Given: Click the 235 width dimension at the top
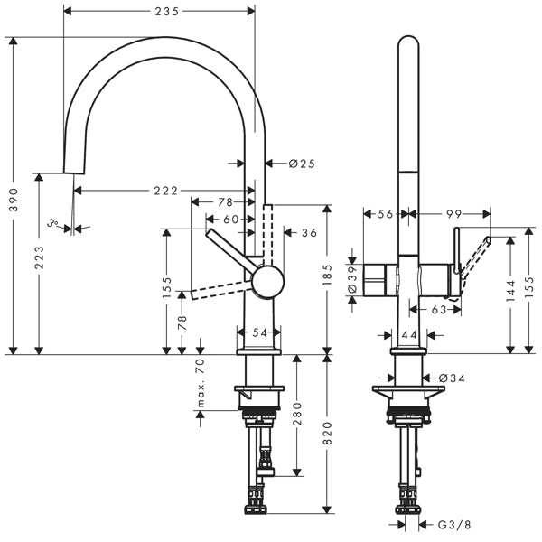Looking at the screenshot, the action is (167, 12).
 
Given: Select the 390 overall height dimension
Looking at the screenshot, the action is (14, 200).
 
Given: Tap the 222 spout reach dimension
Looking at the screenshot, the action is (165, 191).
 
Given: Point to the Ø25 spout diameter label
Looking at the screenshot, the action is (302, 164).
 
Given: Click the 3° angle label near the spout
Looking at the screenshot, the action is (52, 223).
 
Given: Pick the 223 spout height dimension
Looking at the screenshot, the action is (39, 257).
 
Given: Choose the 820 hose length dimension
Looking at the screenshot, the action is (327, 433).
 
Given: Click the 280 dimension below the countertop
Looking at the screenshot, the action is (297, 414).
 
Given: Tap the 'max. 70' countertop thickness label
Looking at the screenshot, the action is (201, 383).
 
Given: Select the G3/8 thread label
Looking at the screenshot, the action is (454, 525).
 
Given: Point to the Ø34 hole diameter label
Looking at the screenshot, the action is (452, 378).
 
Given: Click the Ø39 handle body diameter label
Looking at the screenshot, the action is (352, 279).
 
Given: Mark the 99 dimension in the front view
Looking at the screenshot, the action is (453, 214).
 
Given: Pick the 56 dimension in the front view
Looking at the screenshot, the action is (386, 214).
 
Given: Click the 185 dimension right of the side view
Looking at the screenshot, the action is (327, 275).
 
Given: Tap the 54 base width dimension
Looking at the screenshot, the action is (259, 332).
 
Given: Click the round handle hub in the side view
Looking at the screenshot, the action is (268, 282).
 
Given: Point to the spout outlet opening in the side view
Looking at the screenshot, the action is (74, 173).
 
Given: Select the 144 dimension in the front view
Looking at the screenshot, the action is (510, 290).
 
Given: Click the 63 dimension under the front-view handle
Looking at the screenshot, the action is (439, 309).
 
